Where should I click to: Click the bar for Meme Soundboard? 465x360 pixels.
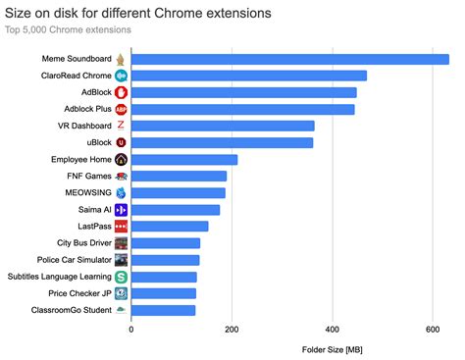click(x=289, y=59)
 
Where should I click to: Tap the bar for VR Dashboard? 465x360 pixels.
click(x=223, y=126)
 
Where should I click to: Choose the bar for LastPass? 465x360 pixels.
click(x=169, y=226)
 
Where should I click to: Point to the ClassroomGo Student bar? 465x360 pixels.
click(x=163, y=310)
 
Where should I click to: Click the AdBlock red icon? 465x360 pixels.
click(x=121, y=92)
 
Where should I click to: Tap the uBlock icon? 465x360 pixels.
click(x=121, y=142)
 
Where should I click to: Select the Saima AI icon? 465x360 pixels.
click(x=121, y=210)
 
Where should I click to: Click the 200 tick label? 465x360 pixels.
click(x=232, y=330)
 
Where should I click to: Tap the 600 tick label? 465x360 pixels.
click(x=433, y=330)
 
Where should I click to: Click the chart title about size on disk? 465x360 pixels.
click(x=140, y=12)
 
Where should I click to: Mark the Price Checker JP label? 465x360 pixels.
click(x=79, y=293)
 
